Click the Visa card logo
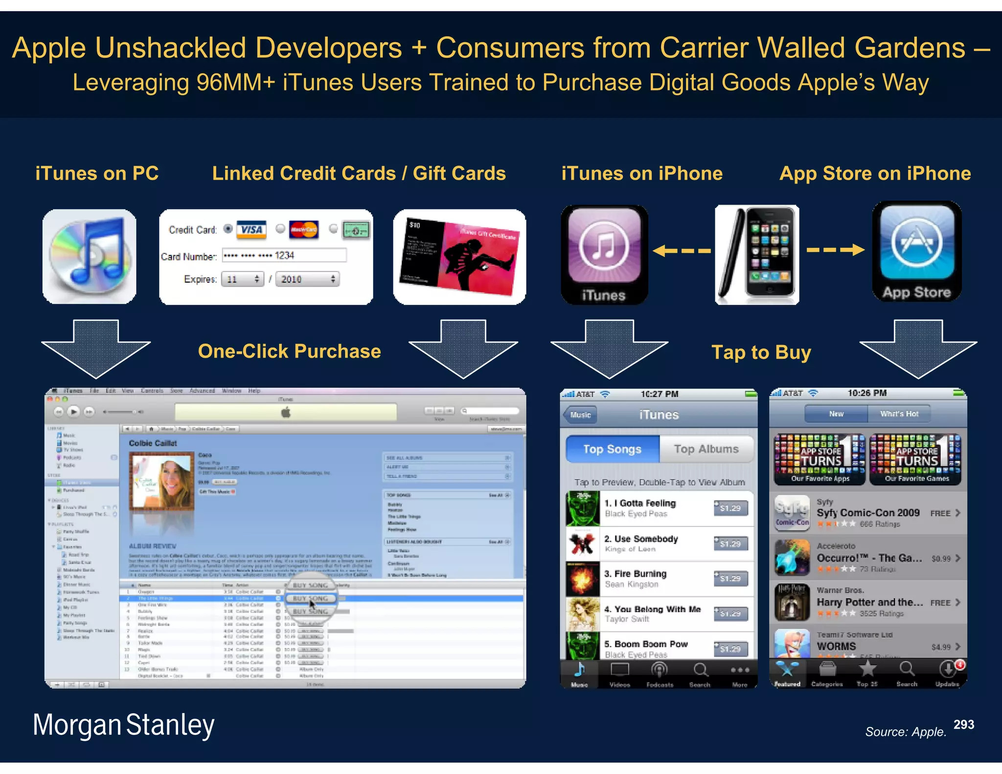(251, 229)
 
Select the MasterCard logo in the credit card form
(303, 229)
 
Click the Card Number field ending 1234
(284, 255)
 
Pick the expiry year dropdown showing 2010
(307, 279)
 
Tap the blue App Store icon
(916, 251)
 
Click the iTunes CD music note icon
(90, 256)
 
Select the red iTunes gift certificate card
(460, 257)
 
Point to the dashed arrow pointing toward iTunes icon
(682, 251)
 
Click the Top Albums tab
(706, 449)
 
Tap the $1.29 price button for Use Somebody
(730, 544)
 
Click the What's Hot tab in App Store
(899, 414)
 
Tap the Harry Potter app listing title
(869, 602)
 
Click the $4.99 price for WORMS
(941, 647)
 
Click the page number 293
(963, 725)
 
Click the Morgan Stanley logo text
(123, 725)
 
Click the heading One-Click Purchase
(289, 351)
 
